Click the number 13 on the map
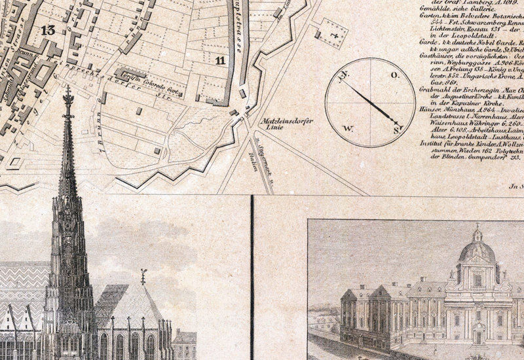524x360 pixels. tap(47, 29)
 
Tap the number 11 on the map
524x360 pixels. tap(220, 60)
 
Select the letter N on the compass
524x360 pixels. tap(342, 75)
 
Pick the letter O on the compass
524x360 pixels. tap(394, 76)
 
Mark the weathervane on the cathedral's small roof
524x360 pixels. tap(143, 276)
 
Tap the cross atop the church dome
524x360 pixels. tap(477, 228)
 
